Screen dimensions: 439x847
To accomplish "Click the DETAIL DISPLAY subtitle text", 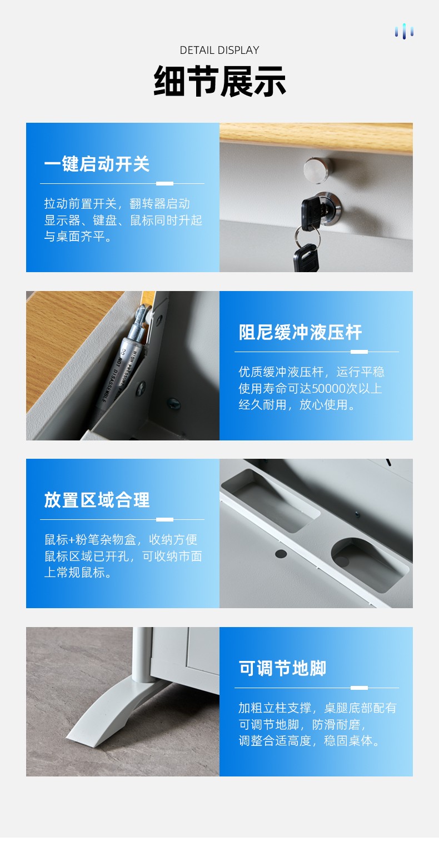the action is pos(219,50).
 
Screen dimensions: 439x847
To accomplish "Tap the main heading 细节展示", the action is pos(219,81).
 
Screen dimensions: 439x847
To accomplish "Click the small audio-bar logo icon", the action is pos(404,32).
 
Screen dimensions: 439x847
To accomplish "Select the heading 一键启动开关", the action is pos(97,164).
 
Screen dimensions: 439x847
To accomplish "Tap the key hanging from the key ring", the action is pos(306,257).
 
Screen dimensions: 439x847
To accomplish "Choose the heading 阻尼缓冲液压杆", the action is pos(300,332).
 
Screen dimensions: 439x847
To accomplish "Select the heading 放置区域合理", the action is pos(97,500).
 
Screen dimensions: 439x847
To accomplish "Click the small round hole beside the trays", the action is pos(281,554).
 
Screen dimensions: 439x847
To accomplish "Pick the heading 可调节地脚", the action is pos(282,668).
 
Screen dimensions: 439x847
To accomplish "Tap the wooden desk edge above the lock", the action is pos(316,137).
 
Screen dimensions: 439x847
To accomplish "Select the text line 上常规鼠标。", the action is pos(78,573).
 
